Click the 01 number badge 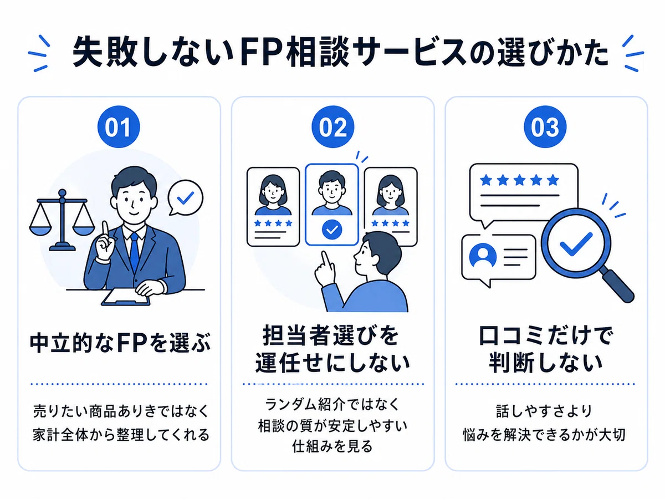pos(119,127)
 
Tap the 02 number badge pos(332,127)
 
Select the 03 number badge pos(545,127)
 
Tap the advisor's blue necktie pos(134,252)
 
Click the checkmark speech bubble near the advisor pos(186,198)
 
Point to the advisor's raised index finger pos(105,231)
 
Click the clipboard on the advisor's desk pos(125,297)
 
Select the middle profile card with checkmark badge pos(332,205)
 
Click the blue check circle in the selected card pos(332,230)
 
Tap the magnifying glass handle pos(618,286)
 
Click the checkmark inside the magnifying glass pos(576,244)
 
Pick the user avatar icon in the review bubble pos(483,257)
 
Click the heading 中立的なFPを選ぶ pos(120,343)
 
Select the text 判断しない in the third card pos(545,363)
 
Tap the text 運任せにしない pos(332,363)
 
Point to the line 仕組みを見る pos(332,446)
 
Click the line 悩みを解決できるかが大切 pos(544,435)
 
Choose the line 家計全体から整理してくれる pos(121,435)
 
